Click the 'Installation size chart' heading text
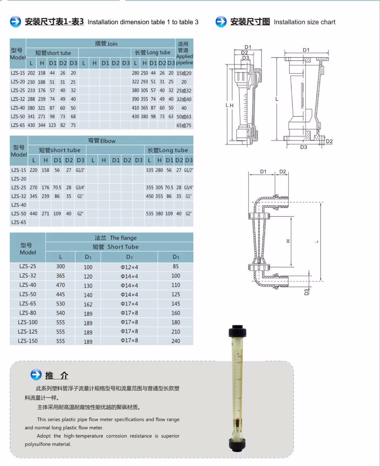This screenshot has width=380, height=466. click(x=304, y=22)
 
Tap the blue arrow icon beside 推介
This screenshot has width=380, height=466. click(x=36, y=375)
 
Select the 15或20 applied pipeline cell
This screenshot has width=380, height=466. click(x=184, y=73)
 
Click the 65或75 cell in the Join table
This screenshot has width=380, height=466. click(x=184, y=125)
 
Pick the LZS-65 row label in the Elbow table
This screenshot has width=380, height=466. click(x=19, y=222)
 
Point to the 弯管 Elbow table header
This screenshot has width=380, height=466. click(x=101, y=141)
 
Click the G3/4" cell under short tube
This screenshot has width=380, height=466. click(x=80, y=187)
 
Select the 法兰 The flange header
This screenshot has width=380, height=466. click(x=116, y=238)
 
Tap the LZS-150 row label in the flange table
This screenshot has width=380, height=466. click(x=28, y=341)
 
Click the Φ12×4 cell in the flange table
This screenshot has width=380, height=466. click(x=129, y=267)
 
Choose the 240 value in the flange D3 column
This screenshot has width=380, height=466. click(x=176, y=341)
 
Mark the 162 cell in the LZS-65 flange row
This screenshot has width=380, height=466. click(x=88, y=304)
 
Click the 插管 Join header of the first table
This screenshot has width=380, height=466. click(x=106, y=44)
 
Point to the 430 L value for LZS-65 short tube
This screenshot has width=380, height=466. click(x=31, y=125)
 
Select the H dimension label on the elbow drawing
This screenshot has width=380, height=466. click(x=288, y=241)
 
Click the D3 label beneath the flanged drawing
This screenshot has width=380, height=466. click(x=303, y=147)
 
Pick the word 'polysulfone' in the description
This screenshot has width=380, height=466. click(x=37, y=444)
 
